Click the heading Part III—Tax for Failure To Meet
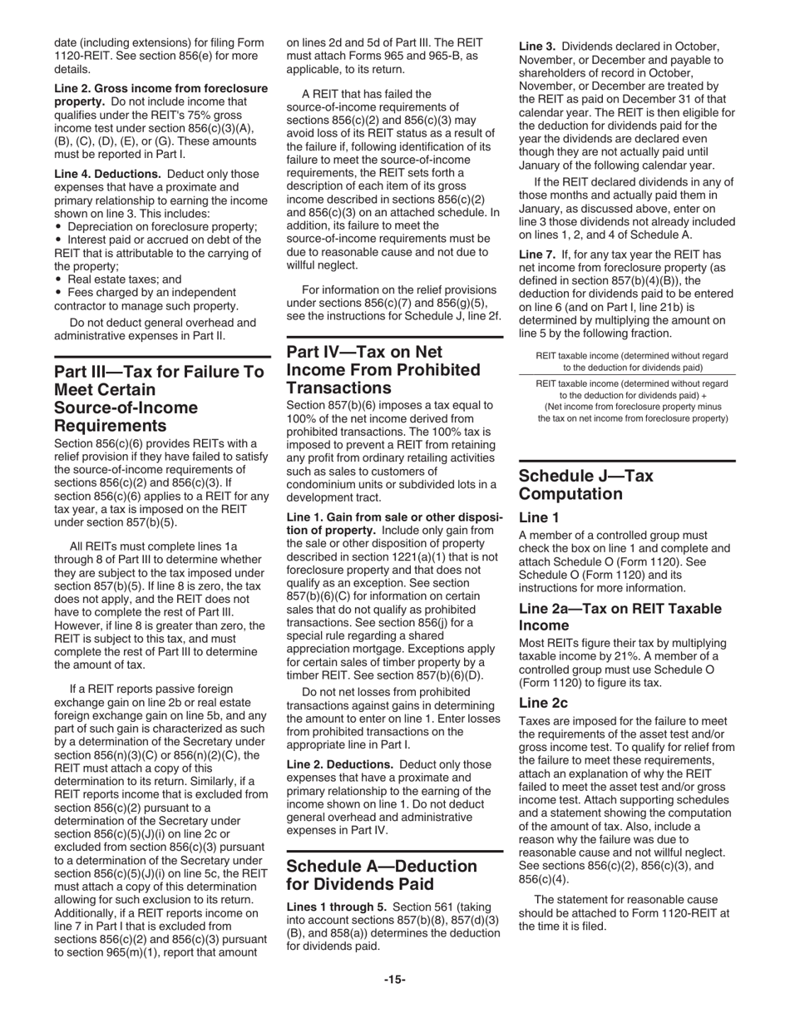point(158,398)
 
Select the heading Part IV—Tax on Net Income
point(383,369)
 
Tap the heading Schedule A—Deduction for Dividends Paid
point(382,874)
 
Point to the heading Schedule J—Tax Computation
point(585,485)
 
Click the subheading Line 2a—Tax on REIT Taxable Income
point(620,616)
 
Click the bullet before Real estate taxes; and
point(58,280)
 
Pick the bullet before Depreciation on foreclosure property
point(58,227)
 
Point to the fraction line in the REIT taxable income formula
point(632,374)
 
